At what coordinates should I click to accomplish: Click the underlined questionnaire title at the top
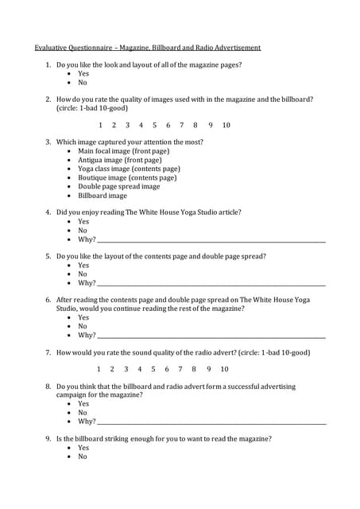[147, 48]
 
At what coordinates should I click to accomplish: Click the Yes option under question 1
[83, 73]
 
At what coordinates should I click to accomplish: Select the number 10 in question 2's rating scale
[226, 125]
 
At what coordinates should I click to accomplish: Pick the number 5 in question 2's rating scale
[154, 125]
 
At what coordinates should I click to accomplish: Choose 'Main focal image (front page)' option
[123, 151]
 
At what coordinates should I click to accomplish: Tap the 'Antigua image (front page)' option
[119, 160]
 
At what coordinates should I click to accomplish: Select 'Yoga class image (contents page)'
[129, 169]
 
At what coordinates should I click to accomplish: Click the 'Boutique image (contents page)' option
[127, 177]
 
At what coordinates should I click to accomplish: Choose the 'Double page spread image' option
[118, 186]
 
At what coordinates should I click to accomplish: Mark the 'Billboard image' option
[102, 195]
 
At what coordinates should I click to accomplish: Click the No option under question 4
[83, 231]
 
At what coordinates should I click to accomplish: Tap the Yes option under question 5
[83, 266]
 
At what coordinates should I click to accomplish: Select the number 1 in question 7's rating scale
[99, 369]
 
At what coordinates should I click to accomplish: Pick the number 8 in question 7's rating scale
[194, 369]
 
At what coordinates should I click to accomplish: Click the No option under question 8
[83, 413]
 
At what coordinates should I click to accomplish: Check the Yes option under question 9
[83, 448]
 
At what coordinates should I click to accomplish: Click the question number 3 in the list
[48, 142]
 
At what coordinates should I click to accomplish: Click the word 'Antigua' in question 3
[91, 160]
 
